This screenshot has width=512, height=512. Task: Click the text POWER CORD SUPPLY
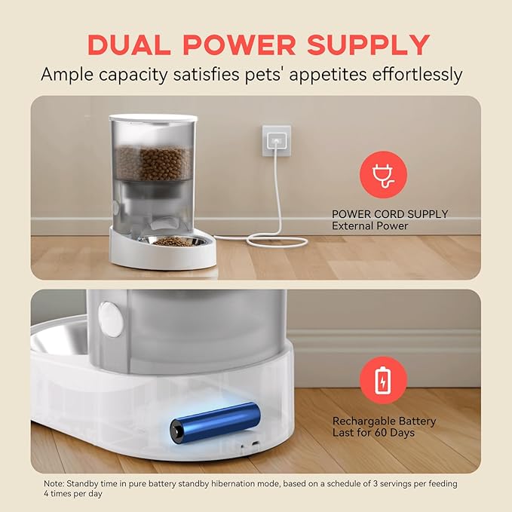click(390, 214)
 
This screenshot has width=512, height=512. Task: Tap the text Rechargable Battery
click(384, 422)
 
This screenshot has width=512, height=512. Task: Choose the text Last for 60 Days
click(374, 433)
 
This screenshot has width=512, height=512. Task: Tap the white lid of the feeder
click(152, 119)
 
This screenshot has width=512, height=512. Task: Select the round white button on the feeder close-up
click(112, 319)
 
